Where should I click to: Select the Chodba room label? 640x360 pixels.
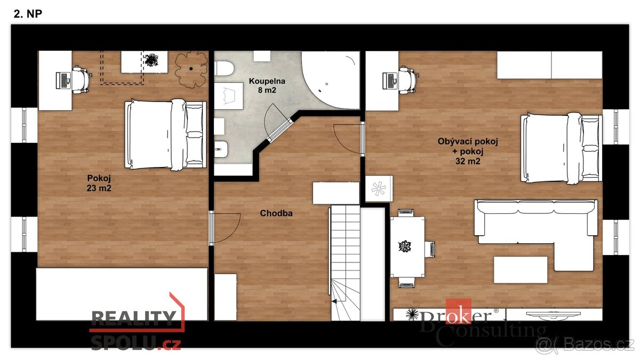276,214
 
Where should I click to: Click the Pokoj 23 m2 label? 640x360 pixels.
99,183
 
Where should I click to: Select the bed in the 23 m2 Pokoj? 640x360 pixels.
165,134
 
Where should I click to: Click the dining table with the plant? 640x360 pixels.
407,246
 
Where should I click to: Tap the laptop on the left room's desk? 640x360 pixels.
63,81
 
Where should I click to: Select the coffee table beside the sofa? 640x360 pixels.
520,269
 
